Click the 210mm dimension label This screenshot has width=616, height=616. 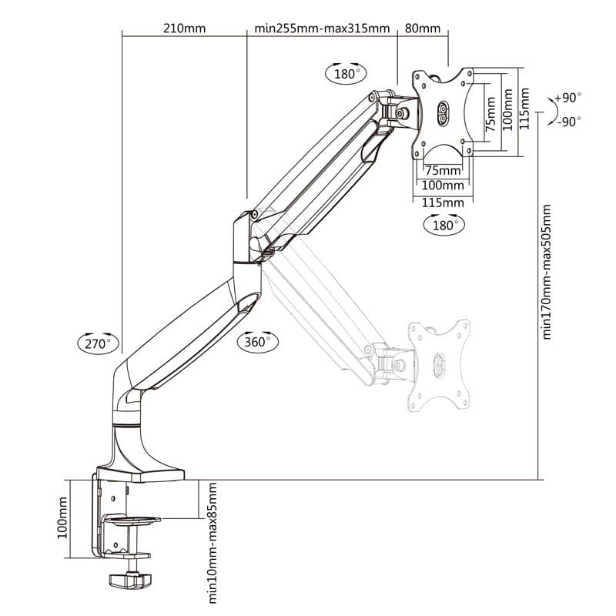pyautogui.click(x=184, y=29)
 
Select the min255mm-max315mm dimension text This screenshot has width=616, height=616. pyautogui.click(x=322, y=29)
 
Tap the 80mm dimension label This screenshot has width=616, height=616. pyautogui.click(x=422, y=29)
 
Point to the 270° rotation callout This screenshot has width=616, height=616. pyautogui.click(x=99, y=343)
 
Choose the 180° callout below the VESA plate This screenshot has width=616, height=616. pyautogui.click(x=444, y=225)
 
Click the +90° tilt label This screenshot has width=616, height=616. pyautogui.click(x=567, y=98)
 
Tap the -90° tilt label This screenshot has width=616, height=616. pyautogui.click(x=568, y=121)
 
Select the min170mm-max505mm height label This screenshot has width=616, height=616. pyautogui.click(x=547, y=271)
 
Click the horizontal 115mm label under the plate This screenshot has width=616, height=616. pyautogui.click(x=443, y=202)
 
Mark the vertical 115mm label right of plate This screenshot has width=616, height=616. pyautogui.click(x=524, y=109)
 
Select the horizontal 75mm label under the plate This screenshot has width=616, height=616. pyautogui.click(x=443, y=169)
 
